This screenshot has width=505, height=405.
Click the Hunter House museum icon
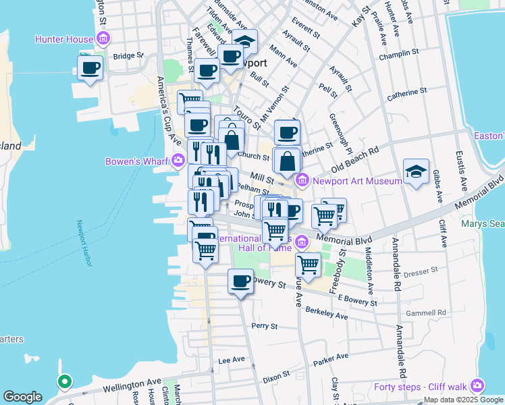[103, 39]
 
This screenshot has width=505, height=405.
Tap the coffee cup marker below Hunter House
[90, 67]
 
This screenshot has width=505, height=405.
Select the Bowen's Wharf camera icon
[179, 161]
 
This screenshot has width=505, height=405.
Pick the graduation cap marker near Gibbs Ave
[416, 172]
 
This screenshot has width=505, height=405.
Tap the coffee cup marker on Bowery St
[240, 282]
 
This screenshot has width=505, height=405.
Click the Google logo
[22, 397]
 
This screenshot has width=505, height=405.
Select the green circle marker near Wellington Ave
[64, 382]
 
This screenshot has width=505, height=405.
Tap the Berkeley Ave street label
[326, 313]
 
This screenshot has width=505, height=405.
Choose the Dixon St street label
[277, 373]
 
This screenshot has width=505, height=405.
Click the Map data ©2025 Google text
[462, 400]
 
